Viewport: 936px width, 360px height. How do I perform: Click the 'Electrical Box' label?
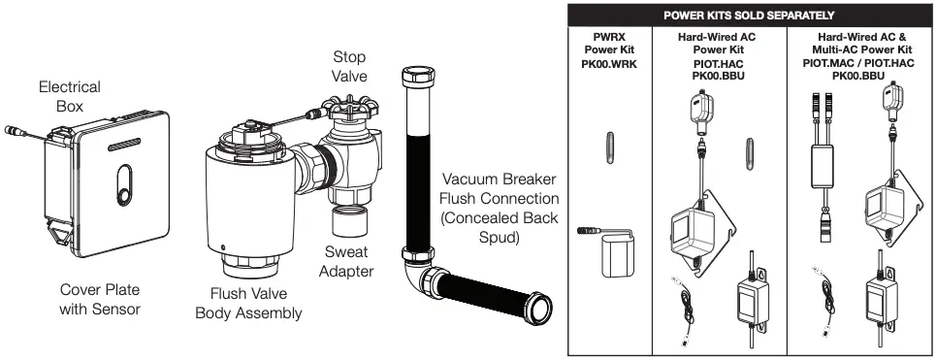[x=70, y=96]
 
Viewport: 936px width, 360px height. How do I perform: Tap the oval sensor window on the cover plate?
[x=124, y=185]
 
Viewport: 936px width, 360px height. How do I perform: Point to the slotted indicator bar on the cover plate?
[x=124, y=144]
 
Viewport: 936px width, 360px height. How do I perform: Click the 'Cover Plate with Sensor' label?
[x=100, y=299]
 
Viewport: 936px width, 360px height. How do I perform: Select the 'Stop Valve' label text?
[x=350, y=66]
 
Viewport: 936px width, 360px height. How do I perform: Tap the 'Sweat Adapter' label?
[x=346, y=261]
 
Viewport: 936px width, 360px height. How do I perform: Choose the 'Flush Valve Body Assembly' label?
[x=248, y=304]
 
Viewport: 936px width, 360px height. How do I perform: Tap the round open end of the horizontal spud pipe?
[x=539, y=307]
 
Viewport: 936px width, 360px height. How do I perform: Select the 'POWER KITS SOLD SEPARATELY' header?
[x=749, y=15]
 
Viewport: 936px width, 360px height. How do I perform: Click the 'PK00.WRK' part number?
[x=609, y=64]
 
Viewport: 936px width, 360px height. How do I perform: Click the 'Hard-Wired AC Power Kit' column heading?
[x=718, y=44]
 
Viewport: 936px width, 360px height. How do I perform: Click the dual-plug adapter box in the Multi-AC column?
[x=823, y=165]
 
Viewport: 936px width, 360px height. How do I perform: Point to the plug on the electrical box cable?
[x=15, y=131]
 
